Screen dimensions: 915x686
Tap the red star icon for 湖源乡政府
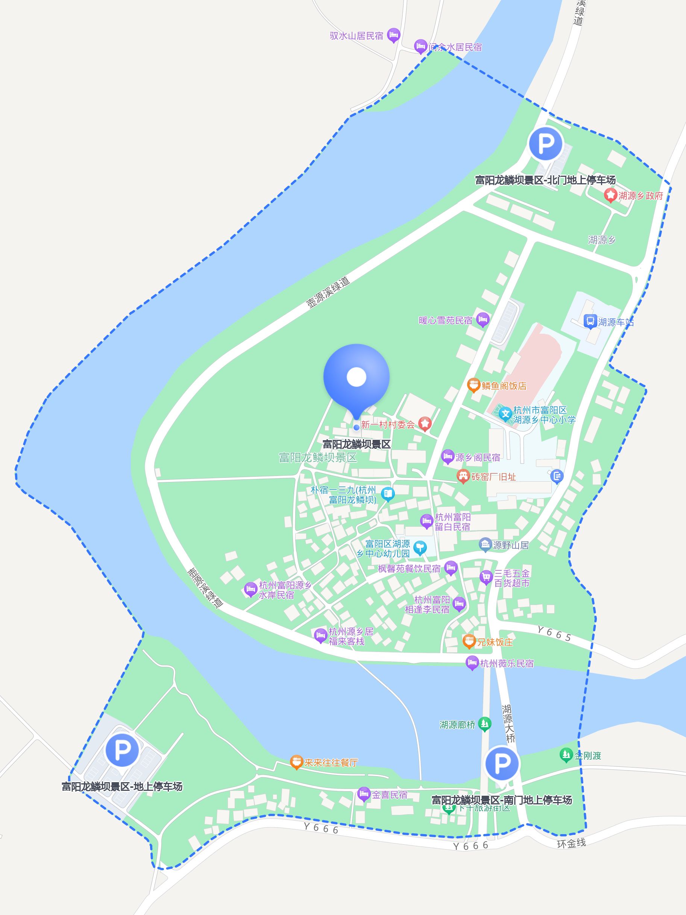[x=610, y=195]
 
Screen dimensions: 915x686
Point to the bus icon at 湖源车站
[x=590, y=321]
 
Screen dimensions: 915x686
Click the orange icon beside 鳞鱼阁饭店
[x=473, y=386]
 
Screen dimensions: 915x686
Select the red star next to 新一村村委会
[x=425, y=424]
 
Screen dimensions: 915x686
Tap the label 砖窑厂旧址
[x=493, y=477]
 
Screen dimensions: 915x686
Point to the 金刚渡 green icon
[x=565, y=755]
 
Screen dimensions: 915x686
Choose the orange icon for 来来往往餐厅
[x=296, y=762]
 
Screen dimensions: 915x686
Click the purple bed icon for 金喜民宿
[x=363, y=795]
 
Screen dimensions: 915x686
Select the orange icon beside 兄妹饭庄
[x=469, y=641]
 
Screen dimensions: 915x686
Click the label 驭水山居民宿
[x=356, y=36]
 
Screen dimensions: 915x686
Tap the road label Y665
[x=554, y=633]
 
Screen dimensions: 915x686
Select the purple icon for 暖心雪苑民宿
[x=483, y=320]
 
